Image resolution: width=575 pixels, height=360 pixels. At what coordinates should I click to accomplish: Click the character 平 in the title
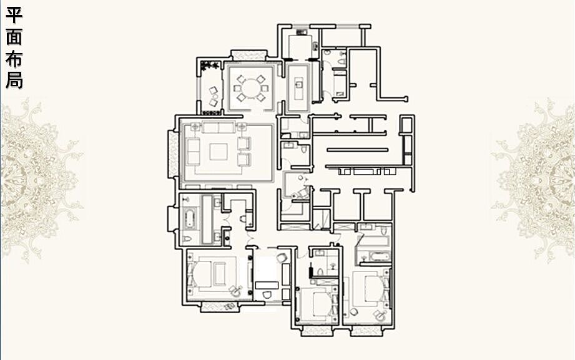tap(14, 15)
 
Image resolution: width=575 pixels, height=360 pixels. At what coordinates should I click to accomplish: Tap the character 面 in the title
tap(14, 37)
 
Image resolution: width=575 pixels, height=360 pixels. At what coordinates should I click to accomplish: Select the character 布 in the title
tap(14, 59)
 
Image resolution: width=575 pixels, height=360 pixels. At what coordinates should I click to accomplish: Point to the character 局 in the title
tap(14, 80)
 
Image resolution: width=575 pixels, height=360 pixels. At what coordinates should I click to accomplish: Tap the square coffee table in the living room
tap(218, 152)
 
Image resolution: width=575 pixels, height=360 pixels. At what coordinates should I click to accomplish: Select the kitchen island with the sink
tap(299, 88)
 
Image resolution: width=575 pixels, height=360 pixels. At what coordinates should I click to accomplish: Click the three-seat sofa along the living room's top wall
tap(218, 127)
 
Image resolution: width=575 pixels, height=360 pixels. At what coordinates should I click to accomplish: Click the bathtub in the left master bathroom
tap(189, 219)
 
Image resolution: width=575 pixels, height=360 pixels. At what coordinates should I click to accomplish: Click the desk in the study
tap(267, 285)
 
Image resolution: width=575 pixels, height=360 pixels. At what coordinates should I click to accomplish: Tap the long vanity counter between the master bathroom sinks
tap(207, 219)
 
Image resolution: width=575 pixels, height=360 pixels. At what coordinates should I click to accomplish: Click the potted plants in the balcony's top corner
tap(210, 66)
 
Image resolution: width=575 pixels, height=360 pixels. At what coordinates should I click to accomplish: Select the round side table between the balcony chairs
tap(215, 97)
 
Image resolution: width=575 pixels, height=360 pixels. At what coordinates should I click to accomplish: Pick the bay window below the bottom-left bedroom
tap(219, 306)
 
